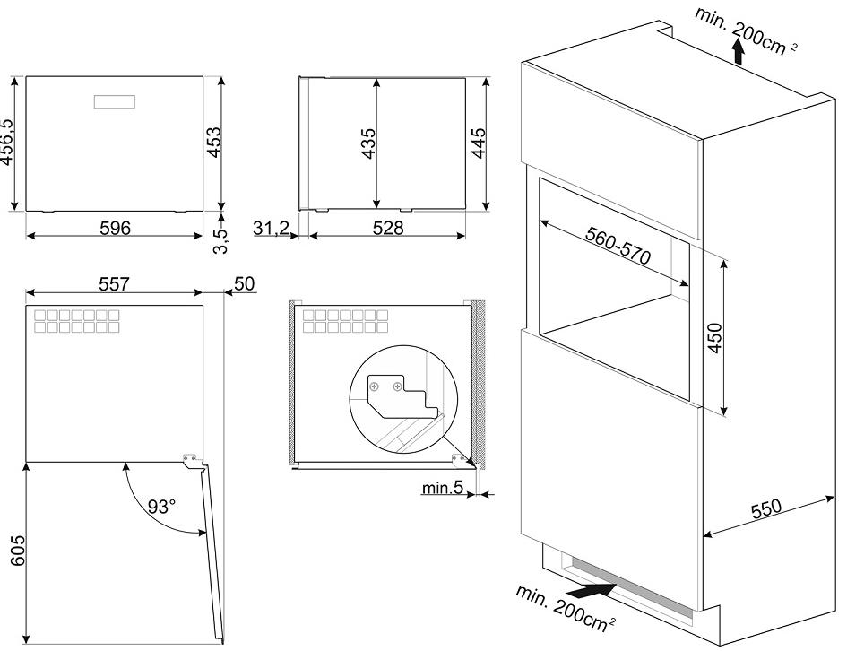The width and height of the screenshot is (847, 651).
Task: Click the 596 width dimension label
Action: [114, 228]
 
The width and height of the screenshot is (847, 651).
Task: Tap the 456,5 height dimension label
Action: [9, 144]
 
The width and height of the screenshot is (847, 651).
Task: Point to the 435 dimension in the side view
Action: [367, 144]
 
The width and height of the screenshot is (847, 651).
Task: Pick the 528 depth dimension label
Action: [387, 228]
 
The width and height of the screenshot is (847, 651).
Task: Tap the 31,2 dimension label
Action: [270, 229]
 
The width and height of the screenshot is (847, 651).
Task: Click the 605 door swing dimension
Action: [10, 550]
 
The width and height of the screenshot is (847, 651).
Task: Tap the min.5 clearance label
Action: [443, 490]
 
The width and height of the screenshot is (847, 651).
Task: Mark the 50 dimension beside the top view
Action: [244, 283]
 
